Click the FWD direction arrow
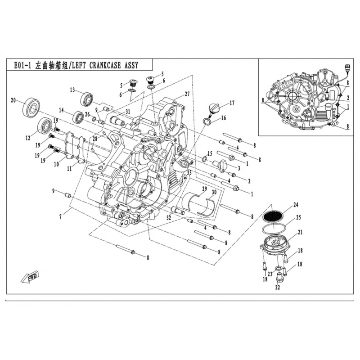(x=30, y=277)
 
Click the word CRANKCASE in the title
(x=105, y=65)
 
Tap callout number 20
(x=13, y=100)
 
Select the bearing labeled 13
(x=86, y=99)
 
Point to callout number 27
(x=187, y=94)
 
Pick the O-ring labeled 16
(x=207, y=121)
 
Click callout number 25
(x=298, y=217)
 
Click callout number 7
(x=60, y=217)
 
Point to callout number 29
(x=204, y=189)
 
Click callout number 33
(x=189, y=173)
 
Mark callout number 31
(x=128, y=112)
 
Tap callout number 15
(x=210, y=153)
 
